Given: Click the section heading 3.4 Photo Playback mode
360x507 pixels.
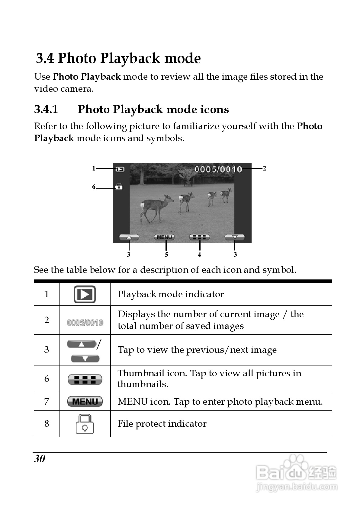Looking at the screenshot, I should [x=118, y=59].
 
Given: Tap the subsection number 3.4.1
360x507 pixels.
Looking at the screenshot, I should [x=46, y=109].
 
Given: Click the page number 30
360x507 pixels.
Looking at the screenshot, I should [x=40, y=459].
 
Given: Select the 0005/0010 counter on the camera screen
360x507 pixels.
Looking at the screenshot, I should [x=218, y=169].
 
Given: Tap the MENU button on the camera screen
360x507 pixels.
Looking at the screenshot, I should [x=164, y=237].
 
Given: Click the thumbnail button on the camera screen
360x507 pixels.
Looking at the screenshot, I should [x=199, y=237].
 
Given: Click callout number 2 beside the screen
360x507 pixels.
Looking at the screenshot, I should [x=265, y=168].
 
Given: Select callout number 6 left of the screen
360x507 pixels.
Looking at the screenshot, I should [x=94, y=187].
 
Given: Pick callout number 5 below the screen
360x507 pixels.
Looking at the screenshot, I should [x=166, y=255].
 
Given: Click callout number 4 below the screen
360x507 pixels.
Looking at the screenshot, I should [x=199, y=255].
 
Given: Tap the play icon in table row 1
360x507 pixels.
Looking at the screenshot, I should [x=85, y=294].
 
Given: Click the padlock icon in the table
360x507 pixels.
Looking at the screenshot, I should [x=85, y=424].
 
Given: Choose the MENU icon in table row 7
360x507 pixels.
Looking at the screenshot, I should [x=85, y=401].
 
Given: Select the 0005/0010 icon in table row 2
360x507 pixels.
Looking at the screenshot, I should [x=85, y=323].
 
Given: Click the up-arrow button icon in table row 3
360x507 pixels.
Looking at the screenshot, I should [x=82, y=344].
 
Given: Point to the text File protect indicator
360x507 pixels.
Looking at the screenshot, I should [x=162, y=424].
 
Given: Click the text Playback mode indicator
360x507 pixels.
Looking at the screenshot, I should [x=171, y=294].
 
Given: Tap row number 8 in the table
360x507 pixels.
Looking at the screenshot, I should [x=47, y=424].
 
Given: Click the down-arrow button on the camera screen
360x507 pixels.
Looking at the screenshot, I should [x=235, y=237].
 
